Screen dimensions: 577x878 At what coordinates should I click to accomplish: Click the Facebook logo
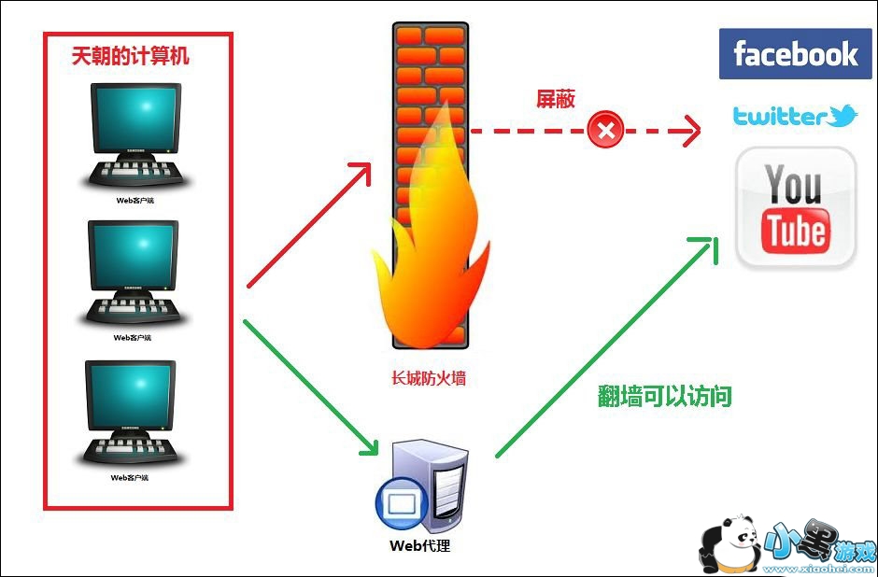(x=795, y=53)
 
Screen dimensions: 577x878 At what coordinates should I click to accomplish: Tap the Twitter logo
(x=794, y=117)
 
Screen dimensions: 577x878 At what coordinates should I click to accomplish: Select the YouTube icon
(x=795, y=207)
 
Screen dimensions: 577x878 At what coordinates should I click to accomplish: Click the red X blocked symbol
(x=605, y=130)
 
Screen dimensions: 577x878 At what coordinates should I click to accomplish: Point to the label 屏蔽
(x=555, y=100)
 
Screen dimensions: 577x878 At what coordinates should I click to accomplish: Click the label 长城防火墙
(x=429, y=379)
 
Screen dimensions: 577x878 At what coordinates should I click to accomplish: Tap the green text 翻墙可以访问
(x=664, y=397)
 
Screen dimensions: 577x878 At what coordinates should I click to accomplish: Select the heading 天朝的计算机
(x=131, y=56)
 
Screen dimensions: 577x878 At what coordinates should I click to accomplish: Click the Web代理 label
(x=419, y=544)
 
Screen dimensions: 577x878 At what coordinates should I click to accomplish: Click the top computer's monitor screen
(x=135, y=117)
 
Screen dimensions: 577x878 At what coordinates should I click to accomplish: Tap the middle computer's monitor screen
(x=132, y=253)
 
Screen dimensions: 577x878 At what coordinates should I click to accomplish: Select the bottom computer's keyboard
(x=131, y=448)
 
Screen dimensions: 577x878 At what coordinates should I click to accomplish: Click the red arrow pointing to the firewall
(x=308, y=224)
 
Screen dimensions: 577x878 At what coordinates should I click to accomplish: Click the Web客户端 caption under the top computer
(x=131, y=199)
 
